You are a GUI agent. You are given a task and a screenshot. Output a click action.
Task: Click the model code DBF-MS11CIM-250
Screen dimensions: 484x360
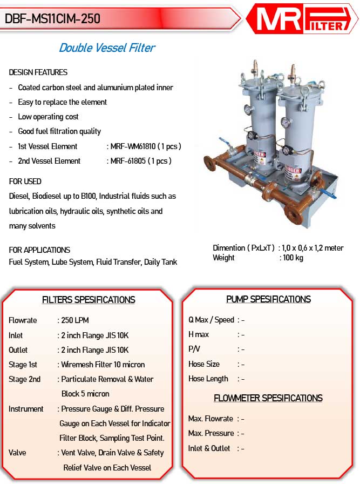[x=53, y=18]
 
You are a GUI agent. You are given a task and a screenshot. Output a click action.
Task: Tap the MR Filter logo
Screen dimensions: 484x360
[x=302, y=18]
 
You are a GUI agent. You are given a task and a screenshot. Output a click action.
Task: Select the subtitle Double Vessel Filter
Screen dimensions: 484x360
[x=107, y=48]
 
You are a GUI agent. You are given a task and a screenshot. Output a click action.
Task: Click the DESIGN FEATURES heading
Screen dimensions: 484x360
[x=38, y=72]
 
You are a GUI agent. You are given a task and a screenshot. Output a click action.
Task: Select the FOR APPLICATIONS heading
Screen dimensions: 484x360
[x=39, y=250]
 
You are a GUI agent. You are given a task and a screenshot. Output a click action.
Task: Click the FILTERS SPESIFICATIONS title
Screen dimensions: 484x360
[x=89, y=300]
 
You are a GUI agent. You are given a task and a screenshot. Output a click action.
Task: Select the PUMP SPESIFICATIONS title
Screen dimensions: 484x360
[x=268, y=299]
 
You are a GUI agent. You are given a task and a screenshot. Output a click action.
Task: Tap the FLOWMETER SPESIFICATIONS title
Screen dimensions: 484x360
[x=268, y=398]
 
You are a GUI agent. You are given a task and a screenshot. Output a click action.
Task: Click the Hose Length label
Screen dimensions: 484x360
[x=208, y=379]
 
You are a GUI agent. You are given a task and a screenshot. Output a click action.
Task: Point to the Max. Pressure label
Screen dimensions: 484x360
[x=210, y=433]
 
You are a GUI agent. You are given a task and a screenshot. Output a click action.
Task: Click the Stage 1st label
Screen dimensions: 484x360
[x=23, y=365]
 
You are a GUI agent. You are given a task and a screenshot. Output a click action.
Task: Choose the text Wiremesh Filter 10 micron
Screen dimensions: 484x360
[x=103, y=365]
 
